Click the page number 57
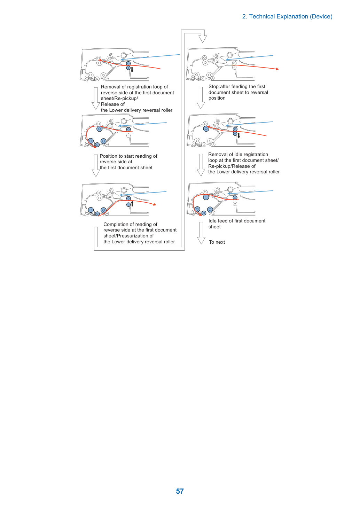180,491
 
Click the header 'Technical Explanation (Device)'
291,17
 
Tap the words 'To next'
217,242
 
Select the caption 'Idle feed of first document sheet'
237,224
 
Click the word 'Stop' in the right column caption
213,87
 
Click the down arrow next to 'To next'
201,233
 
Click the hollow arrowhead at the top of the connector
203,39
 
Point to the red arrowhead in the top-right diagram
277,69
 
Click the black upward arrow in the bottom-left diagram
132,204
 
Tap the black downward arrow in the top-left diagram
132,70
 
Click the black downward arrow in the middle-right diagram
238,136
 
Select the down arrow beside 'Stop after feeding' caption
201,98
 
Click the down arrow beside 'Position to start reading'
96,166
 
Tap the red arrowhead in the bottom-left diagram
155,204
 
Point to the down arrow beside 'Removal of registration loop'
96,99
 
